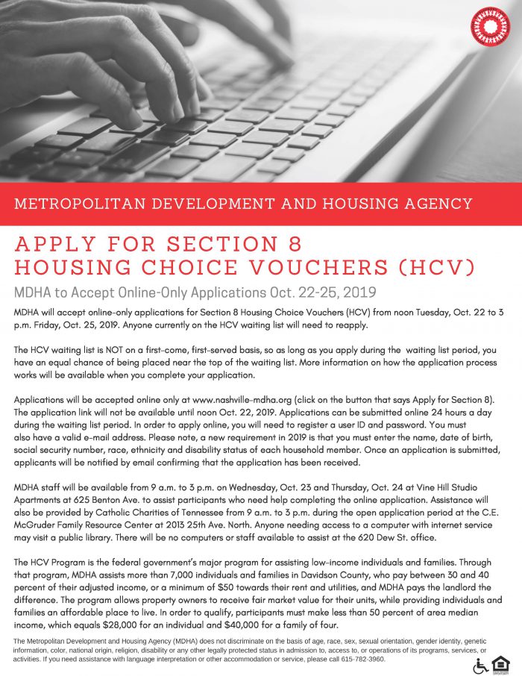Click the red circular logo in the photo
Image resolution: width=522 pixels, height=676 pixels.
(490, 27)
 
